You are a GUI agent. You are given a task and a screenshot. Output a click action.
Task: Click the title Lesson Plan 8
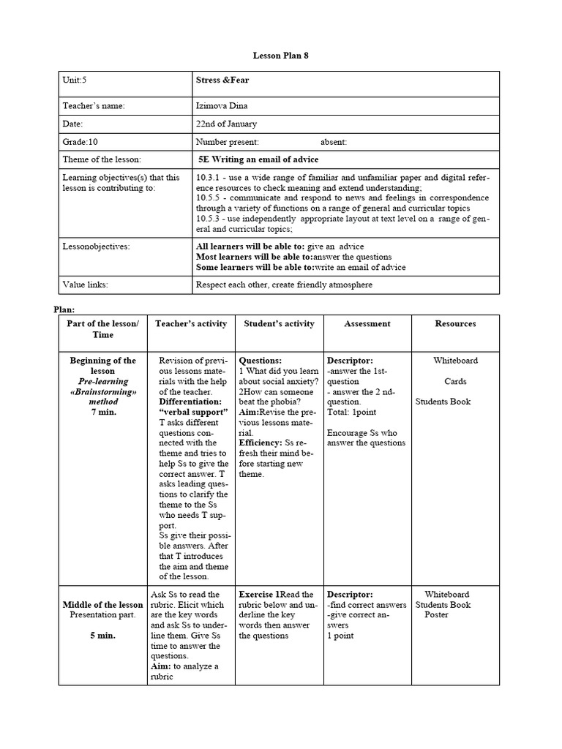276,56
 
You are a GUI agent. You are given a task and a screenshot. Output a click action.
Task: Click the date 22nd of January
226,124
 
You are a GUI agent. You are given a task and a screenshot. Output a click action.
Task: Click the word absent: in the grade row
334,141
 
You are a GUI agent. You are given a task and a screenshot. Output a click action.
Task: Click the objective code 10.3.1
210,177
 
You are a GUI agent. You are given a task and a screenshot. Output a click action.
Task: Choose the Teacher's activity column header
191,323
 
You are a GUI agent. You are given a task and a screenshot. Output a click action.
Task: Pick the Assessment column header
367,323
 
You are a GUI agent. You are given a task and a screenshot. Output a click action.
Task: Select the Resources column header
455,323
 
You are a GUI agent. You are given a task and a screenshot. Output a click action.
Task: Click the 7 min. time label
102,412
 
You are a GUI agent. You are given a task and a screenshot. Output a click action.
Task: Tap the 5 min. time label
102,636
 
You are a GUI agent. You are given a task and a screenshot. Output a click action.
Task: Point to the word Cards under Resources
455,381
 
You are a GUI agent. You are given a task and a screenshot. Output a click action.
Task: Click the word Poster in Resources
437,614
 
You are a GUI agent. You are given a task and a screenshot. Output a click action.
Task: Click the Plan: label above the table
64,309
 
